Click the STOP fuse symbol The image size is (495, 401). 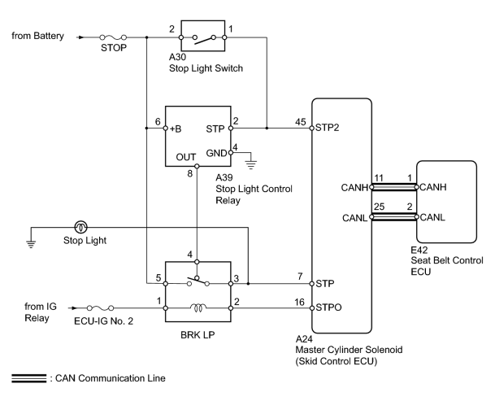coord(113,37)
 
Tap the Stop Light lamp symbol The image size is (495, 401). coord(80,227)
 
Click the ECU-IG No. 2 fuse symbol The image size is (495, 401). coord(100,307)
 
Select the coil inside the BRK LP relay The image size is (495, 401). coord(198,307)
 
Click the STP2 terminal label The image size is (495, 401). coord(327,128)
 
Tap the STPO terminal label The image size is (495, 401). coord(328,307)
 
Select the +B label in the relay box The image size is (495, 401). coord(176,129)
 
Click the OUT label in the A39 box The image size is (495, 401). coord(185,157)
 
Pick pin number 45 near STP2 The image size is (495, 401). coord(301,122)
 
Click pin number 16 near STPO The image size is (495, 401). coord(299,302)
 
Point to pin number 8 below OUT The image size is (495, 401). coord(189,173)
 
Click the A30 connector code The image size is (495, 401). coord(177,57)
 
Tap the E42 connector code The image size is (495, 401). coord(419,250)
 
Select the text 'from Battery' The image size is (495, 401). coord(38,36)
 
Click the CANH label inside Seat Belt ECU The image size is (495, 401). coord(433,187)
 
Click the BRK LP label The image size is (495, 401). coord(198,334)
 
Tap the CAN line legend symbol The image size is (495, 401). coord(29,378)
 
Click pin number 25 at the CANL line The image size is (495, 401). coord(379,207)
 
